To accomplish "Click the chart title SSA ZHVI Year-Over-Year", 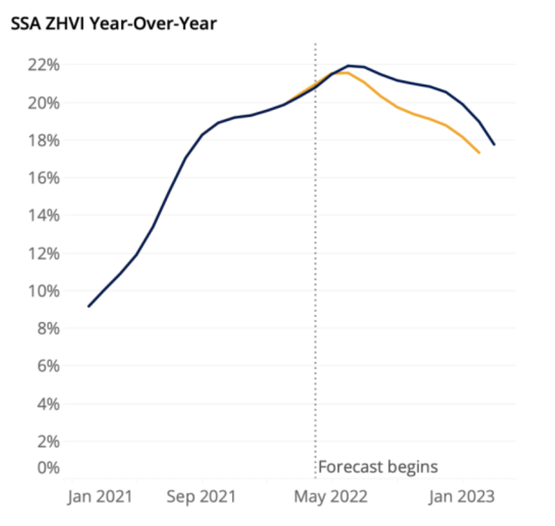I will point(114,23).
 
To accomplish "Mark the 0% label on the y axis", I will point(48,467).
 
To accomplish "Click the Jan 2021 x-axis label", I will point(100,497).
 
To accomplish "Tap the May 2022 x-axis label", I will point(330,497).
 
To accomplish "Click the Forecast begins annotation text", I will point(378,467).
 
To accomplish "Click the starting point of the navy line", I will point(89,306).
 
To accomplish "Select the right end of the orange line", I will point(479,152).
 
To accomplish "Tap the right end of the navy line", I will point(494,145).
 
